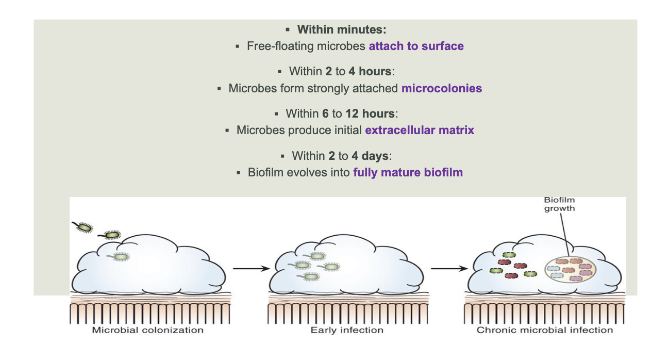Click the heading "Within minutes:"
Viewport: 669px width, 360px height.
pyautogui.click(x=341, y=29)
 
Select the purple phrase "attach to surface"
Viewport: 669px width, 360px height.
pyautogui.click(x=416, y=46)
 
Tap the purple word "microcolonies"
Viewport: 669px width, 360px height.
pyautogui.click(x=441, y=88)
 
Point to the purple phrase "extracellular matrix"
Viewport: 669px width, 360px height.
pyautogui.click(x=420, y=130)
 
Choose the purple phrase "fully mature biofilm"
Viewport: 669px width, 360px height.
pyautogui.click(x=408, y=172)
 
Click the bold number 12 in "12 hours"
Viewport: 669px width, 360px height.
pyautogui.click(x=352, y=113)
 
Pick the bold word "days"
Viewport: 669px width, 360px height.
pyautogui.click(x=375, y=156)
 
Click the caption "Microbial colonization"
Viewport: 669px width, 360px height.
pyautogui.click(x=147, y=330)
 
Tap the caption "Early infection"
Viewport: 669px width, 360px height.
pyautogui.click(x=347, y=330)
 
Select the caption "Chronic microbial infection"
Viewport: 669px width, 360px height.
pyautogui.click(x=544, y=330)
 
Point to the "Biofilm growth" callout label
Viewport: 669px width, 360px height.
pyautogui.click(x=559, y=204)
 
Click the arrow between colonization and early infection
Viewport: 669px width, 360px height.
pyautogui.click(x=251, y=269)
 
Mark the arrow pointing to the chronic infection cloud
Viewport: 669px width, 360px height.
pyautogui.click(x=449, y=269)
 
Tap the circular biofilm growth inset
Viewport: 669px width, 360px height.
pyautogui.click(x=570, y=270)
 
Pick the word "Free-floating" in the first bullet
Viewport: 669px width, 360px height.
pyautogui.click(x=280, y=46)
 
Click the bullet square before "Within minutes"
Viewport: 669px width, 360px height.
pyautogui.click(x=288, y=29)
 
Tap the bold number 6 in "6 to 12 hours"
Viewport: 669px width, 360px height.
pyautogui.click(x=325, y=113)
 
